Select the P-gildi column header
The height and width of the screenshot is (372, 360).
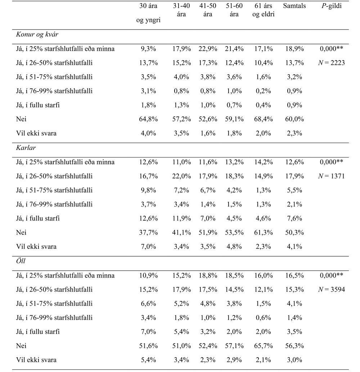(x=332, y=6)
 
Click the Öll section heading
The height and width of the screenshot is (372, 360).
(x=21, y=261)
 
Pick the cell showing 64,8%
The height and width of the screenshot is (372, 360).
(x=148, y=119)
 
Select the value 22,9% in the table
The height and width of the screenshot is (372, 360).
(x=208, y=49)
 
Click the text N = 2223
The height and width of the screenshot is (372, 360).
(x=332, y=63)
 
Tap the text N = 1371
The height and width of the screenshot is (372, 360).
(x=332, y=176)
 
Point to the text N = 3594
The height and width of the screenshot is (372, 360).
(x=332, y=289)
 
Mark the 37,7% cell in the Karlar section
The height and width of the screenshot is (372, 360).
(x=148, y=232)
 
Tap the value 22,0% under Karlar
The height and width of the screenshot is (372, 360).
(x=181, y=176)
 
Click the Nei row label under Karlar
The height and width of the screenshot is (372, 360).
(x=21, y=232)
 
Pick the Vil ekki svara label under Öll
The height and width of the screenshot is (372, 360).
(x=36, y=360)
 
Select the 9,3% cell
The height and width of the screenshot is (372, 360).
(x=148, y=49)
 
